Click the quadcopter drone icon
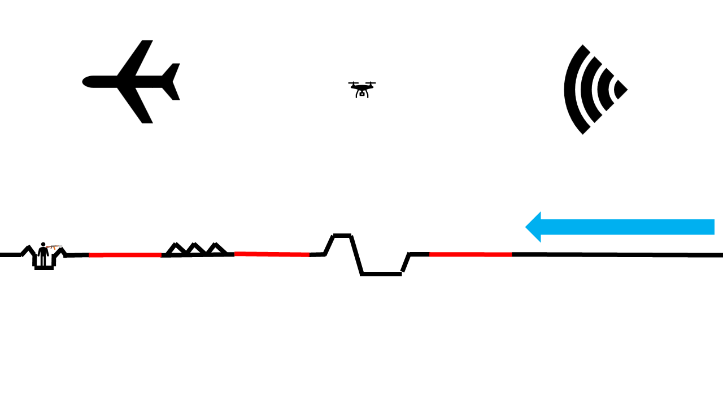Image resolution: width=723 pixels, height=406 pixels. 362,89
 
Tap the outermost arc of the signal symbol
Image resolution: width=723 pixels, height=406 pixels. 572,89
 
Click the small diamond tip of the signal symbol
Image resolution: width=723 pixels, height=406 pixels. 621,89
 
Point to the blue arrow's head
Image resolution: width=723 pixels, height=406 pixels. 534,227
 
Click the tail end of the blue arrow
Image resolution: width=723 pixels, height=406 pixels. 712,227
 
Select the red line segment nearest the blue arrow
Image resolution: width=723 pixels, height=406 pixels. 471,254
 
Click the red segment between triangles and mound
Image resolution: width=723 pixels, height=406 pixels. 272,254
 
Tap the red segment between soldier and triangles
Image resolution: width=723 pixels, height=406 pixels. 125,255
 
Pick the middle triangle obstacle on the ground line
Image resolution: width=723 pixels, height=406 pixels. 195,249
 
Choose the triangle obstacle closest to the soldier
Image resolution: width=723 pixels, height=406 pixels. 176,249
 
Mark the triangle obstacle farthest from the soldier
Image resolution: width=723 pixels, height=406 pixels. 216,249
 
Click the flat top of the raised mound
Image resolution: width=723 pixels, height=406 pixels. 342,235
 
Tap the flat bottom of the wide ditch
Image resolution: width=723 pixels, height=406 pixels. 381,274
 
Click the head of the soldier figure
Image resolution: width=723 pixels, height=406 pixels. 43,245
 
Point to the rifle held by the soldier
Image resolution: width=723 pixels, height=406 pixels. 54,247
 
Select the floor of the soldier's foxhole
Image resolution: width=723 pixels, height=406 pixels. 44,268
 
